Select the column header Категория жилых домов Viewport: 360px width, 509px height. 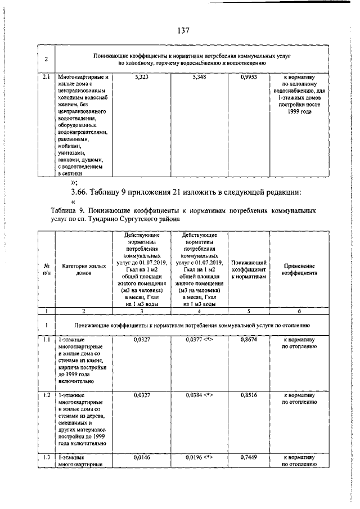click(x=84, y=269)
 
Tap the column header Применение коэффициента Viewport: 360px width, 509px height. click(x=300, y=269)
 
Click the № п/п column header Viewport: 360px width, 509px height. click(x=46, y=269)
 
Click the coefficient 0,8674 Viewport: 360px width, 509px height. click(x=248, y=340)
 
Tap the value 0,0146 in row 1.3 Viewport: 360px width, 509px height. click(x=142, y=458)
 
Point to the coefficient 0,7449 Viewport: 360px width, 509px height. click(x=248, y=458)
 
